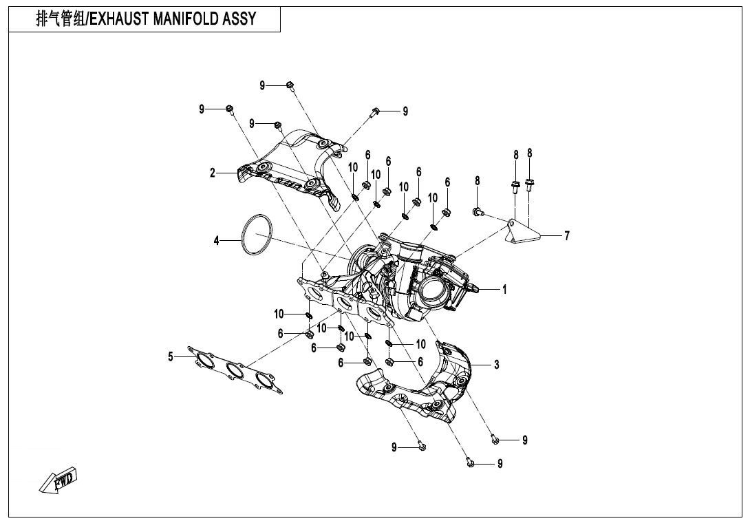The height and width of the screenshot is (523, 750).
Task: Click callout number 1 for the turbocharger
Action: pos(504,290)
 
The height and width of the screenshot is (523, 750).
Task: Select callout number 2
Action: pos(213,173)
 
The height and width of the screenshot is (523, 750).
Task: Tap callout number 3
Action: pos(496,365)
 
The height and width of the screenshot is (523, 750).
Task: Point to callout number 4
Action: pos(216,241)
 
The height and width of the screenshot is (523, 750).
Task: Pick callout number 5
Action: pos(171,356)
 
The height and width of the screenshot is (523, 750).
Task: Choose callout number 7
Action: pos(567,236)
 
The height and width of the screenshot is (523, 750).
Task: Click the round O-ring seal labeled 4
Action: pos(256,235)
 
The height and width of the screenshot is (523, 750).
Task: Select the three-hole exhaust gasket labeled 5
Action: pos(234,372)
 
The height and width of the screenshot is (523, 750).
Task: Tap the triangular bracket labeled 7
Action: pos(522,232)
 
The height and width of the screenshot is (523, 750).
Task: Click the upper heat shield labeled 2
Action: pos(289,169)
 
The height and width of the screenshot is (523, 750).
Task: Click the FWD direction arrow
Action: pos(59,480)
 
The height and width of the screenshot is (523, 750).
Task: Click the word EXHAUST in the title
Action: pos(120,19)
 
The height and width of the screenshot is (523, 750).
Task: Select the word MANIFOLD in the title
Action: pos(186,19)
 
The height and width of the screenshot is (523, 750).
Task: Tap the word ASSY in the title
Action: pos(239,19)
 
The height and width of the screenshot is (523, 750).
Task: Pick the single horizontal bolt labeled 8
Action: pos(477,211)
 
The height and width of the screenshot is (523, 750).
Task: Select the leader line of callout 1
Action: pos(488,290)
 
